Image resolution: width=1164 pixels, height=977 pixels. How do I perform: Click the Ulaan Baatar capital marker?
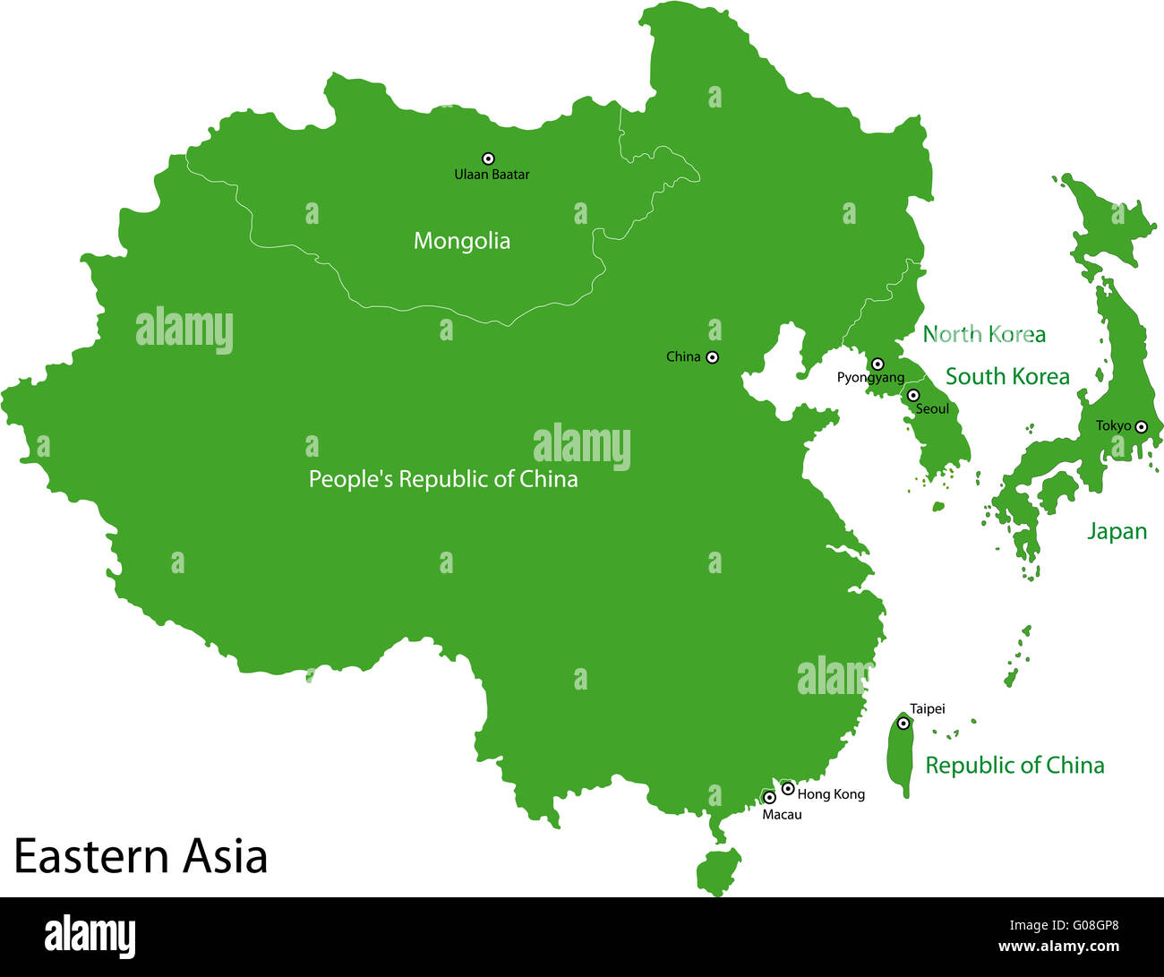(488, 159)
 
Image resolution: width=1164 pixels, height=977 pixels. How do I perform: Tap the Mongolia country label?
(462, 241)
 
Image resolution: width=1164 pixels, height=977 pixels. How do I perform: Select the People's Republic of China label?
(443, 479)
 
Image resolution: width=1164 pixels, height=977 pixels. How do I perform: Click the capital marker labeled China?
(713, 357)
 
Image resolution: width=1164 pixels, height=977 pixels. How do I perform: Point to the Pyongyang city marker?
(877, 364)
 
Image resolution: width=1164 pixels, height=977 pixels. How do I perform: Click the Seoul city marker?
(913, 395)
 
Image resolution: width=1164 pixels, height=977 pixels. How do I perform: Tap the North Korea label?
(984, 335)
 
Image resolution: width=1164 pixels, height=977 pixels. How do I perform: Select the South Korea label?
(1007, 377)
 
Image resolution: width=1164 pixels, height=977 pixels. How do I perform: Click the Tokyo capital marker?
(1141, 427)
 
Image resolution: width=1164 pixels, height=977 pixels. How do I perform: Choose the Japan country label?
(1117, 532)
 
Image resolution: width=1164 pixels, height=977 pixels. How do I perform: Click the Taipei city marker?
(903, 723)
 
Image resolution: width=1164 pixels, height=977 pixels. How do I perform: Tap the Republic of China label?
(1014, 766)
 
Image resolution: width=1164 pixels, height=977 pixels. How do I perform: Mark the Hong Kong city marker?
(788, 788)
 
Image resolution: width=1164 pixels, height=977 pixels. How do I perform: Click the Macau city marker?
(769, 797)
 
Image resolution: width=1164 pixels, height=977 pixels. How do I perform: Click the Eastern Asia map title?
(141, 856)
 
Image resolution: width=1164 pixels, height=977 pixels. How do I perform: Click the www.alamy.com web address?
(1058, 947)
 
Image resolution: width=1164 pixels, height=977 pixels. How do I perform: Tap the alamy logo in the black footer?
(90, 937)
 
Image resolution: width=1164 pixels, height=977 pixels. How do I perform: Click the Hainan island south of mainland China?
(719, 870)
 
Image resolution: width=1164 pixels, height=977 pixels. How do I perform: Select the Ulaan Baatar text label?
(492, 175)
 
